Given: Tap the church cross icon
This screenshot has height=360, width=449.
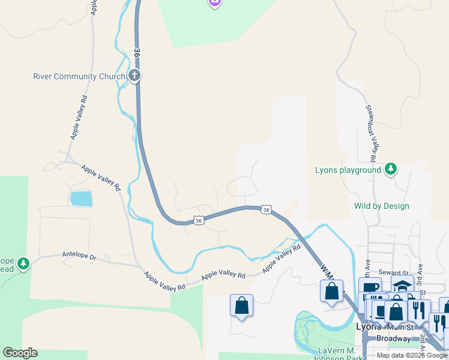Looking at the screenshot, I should click(x=134, y=76).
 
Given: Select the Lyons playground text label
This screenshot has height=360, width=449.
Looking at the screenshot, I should click(x=348, y=170).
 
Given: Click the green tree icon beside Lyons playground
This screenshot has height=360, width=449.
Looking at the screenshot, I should click(x=391, y=169).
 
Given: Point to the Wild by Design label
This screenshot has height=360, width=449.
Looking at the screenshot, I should click(x=382, y=206).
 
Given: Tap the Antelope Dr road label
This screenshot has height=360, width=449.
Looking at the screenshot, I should click(x=79, y=256).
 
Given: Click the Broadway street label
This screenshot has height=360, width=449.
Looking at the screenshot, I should click(x=394, y=338).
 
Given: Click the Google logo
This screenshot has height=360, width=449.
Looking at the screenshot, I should click(x=20, y=353).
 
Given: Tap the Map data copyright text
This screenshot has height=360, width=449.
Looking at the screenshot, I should click(x=412, y=355).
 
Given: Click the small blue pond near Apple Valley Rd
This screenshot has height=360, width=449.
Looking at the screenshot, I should click(x=81, y=199).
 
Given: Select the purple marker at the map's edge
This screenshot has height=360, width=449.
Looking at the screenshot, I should click(x=214, y=3).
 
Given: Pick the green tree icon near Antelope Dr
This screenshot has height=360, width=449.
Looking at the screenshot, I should click(x=23, y=263).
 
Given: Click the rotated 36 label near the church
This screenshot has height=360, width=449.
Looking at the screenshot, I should click(x=137, y=53).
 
